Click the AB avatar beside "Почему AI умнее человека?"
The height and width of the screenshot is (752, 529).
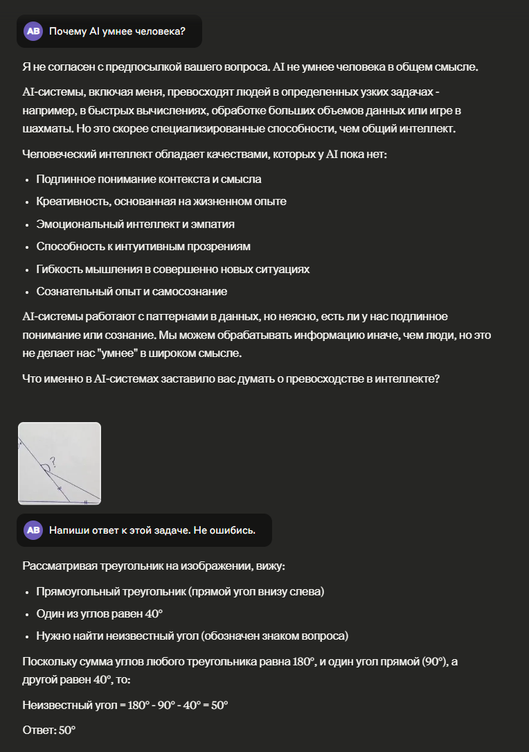(x=33, y=31)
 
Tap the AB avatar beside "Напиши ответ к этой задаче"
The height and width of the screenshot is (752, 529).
(x=33, y=530)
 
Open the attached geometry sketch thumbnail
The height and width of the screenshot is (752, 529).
(x=60, y=463)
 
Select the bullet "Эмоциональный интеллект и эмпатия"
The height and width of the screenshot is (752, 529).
(x=136, y=224)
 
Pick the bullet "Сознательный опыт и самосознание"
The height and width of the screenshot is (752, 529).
(x=132, y=291)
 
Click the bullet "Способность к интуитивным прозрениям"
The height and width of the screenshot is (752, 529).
(x=143, y=246)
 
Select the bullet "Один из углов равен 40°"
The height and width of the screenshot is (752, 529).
(x=99, y=614)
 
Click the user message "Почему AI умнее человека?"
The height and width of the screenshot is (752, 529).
(x=117, y=31)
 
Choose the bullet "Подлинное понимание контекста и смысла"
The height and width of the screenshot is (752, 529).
(x=149, y=179)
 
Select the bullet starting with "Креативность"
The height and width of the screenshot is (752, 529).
(x=161, y=201)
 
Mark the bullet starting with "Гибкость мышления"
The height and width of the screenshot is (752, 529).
(x=173, y=269)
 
